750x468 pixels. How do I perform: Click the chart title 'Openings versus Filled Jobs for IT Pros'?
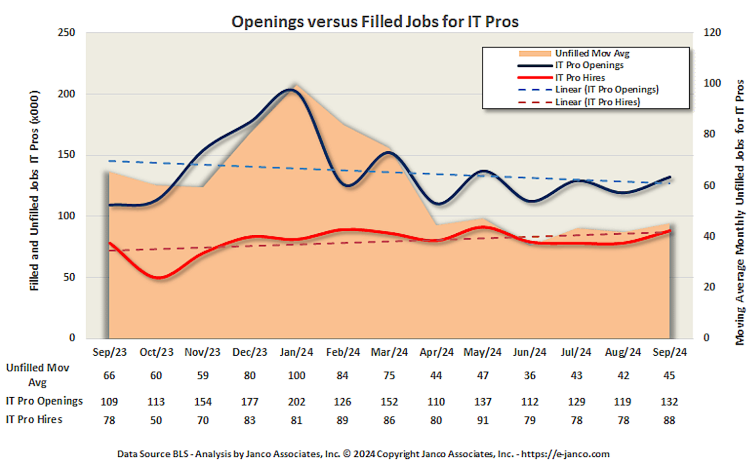coord(375,21)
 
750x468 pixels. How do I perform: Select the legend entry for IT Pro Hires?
coord(580,78)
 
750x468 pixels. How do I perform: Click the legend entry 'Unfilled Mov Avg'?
coord(592,53)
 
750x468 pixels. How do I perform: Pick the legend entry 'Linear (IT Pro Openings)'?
coord(606,90)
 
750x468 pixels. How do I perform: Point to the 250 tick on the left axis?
coord(66,33)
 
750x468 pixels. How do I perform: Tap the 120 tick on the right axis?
coord(712,33)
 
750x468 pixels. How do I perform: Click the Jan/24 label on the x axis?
coord(296,352)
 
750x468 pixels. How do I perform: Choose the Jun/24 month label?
coord(529,352)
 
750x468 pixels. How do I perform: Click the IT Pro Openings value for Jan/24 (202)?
coord(296,402)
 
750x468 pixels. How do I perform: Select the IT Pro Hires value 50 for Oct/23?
coord(156,420)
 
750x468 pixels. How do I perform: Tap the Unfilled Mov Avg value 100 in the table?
coord(296,376)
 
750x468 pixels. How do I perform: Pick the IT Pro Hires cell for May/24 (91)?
coord(482,420)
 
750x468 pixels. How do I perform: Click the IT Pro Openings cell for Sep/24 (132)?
coord(669,402)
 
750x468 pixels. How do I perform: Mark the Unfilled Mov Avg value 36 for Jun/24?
coord(529,376)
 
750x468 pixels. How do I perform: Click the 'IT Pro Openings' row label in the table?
coord(44,401)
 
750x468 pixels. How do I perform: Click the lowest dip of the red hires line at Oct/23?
coord(159,278)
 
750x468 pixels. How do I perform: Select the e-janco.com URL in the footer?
coord(565,454)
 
